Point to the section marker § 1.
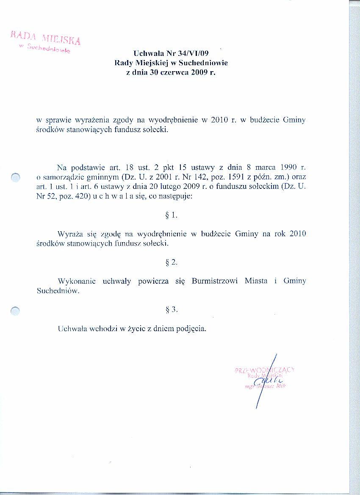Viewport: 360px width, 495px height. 171,215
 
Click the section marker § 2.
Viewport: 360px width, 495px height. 171,262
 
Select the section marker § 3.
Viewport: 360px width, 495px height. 171,310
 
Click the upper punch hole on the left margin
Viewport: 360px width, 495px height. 16,177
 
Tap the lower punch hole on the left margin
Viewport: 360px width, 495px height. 15,311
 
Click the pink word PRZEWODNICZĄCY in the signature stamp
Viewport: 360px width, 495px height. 264,370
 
